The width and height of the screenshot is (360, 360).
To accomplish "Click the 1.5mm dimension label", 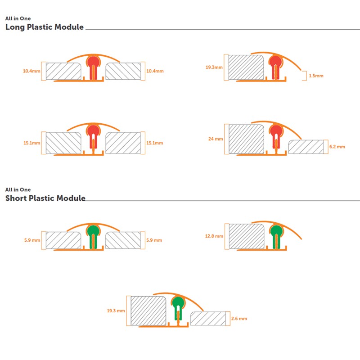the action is [x=316, y=76].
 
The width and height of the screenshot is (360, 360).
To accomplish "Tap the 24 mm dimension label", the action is [x=216, y=139].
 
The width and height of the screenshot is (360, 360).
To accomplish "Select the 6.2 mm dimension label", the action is [x=337, y=147].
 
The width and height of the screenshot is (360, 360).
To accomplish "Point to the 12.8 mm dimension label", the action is [x=214, y=236].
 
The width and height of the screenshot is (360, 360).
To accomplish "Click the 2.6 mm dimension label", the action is [x=239, y=319].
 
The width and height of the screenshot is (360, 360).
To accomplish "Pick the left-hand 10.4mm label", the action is [x=31, y=71].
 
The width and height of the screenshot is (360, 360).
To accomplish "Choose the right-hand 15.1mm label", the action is [x=155, y=143].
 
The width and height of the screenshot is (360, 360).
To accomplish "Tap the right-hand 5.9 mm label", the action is [x=154, y=240].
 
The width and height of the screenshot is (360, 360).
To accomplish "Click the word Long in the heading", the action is [x=15, y=27].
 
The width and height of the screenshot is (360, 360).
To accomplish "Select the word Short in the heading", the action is [x=16, y=198].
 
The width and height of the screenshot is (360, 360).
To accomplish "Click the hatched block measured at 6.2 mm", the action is [x=306, y=147].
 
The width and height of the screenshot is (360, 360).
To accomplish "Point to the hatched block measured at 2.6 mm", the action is [x=208, y=319].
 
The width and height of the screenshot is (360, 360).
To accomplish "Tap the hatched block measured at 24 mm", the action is [x=246, y=139].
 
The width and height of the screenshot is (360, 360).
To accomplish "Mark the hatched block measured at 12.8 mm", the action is [x=247, y=236].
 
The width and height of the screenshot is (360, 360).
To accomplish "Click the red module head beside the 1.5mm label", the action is [x=275, y=62].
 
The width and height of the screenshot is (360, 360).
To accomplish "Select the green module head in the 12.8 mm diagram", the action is [x=276, y=231].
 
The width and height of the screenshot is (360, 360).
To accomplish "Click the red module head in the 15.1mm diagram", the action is [x=93, y=131].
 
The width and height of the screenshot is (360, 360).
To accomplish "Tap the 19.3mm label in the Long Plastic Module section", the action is [x=214, y=67].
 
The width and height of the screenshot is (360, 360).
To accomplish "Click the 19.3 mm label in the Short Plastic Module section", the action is [x=116, y=310].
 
